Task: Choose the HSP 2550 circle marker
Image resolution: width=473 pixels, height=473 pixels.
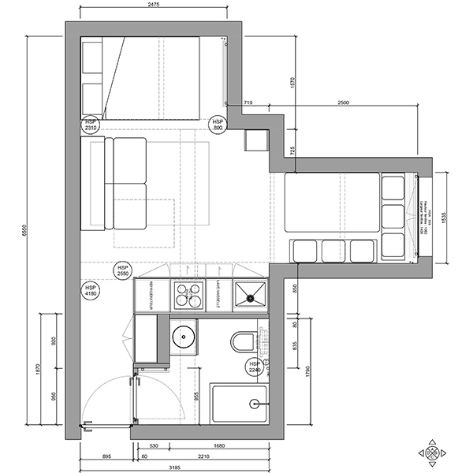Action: point(122,270)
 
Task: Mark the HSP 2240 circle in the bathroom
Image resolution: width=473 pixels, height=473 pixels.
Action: point(255,366)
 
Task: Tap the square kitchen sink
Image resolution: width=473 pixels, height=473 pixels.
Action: point(251,295)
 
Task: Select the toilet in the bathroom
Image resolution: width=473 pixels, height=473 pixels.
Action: point(243,344)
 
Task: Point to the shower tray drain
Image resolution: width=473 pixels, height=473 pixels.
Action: point(254,404)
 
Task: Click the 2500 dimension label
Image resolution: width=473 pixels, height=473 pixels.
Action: point(344,103)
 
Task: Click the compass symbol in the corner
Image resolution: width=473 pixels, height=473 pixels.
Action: point(433,453)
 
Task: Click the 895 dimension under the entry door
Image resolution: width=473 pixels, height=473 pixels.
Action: point(106,455)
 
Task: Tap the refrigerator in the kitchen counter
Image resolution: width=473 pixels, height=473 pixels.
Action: point(147,294)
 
